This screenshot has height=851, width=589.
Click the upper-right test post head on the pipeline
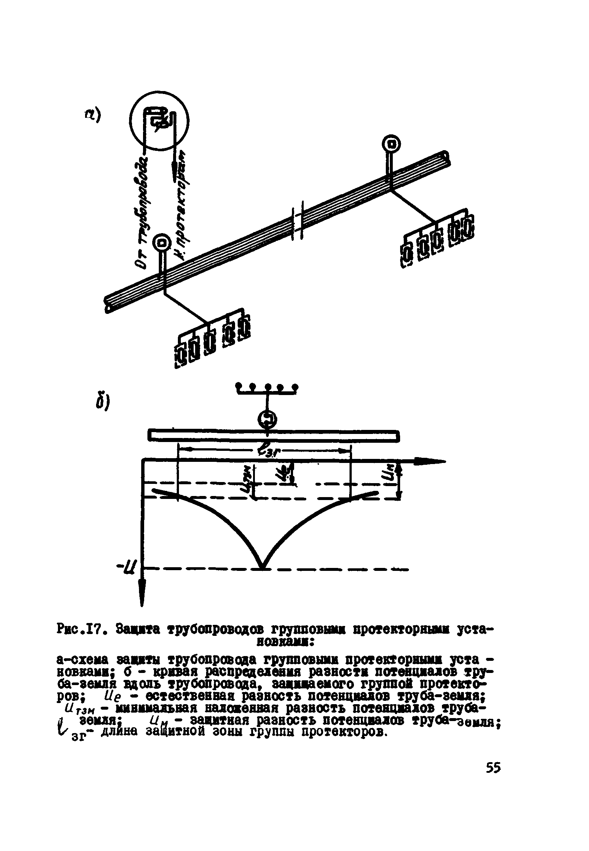coord(391,143)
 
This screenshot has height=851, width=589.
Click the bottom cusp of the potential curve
coord(262,568)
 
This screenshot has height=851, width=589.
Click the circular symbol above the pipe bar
coord(268,419)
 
